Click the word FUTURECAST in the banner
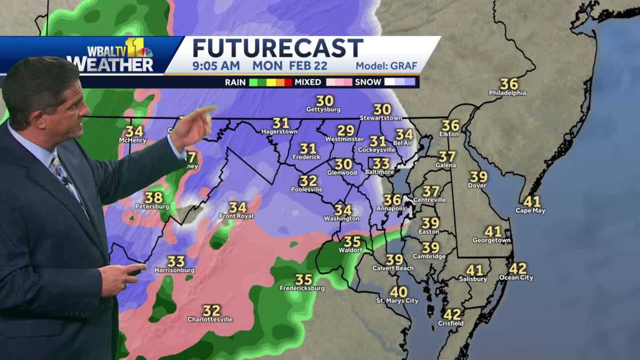click(x=277, y=49)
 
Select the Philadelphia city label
click(x=507, y=93)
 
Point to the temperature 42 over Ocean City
click(x=517, y=269)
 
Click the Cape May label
click(x=530, y=210)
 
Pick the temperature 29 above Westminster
click(x=346, y=131)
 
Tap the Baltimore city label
click(x=380, y=172)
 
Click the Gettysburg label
click(x=323, y=109)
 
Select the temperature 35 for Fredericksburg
click(x=303, y=279)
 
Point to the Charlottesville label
click(x=210, y=319)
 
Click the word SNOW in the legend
click(x=368, y=82)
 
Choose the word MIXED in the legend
click(x=308, y=82)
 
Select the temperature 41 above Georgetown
click(x=493, y=231)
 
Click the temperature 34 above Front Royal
click(x=238, y=207)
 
